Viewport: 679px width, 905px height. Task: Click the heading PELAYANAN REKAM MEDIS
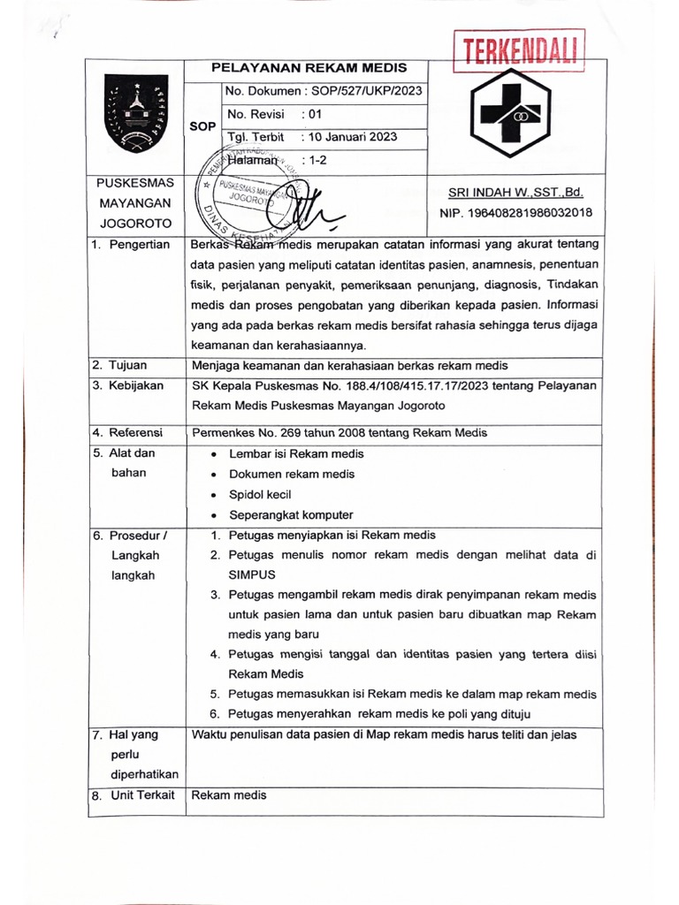tap(307, 69)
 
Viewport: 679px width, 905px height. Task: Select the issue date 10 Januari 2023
tap(349, 137)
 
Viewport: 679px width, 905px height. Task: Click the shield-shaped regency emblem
tap(136, 113)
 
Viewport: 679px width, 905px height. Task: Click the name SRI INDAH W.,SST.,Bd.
tap(515, 193)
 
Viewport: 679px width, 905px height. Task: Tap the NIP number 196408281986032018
tap(515, 213)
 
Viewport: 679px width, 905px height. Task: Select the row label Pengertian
tap(139, 245)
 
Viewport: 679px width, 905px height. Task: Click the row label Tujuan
tap(128, 364)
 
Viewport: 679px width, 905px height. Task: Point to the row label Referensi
tap(135, 432)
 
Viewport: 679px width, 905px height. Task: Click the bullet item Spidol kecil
tap(260, 494)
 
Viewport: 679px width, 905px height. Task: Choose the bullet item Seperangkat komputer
tap(291, 514)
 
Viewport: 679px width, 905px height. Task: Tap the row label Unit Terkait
tap(141, 795)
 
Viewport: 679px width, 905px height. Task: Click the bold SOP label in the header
tap(203, 126)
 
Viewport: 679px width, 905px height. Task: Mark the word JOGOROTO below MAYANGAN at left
tap(135, 224)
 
